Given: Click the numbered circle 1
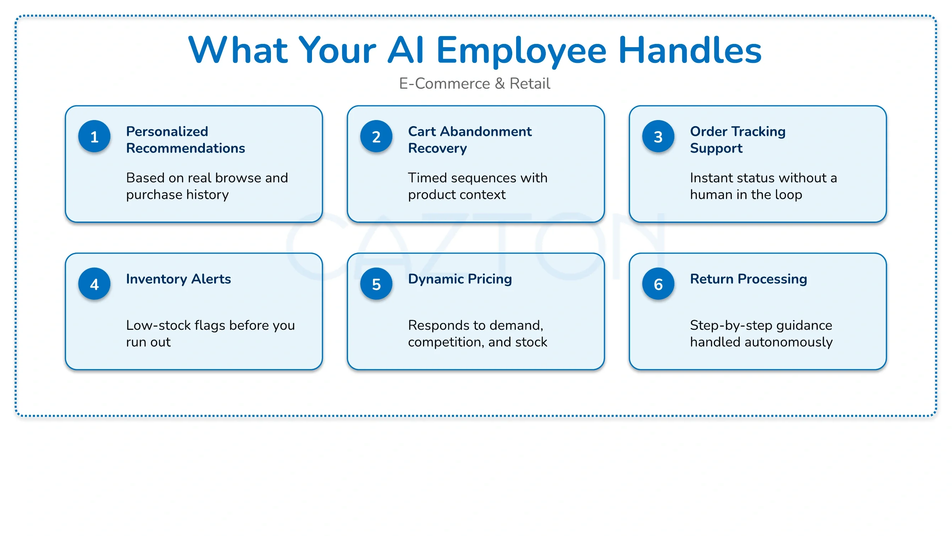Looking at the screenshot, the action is click(94, 137).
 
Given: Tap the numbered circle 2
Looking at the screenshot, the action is click(376, 137).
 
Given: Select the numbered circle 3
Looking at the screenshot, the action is click(658, 137).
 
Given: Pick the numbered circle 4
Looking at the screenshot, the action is click(94, 284).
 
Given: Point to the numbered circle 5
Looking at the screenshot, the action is click(376, 284).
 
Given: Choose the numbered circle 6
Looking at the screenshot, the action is click(658, 284).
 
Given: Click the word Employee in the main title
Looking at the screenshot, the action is click(521, 51).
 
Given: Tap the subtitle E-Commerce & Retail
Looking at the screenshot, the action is click(474, 84).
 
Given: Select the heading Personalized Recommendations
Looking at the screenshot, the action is click(186, 140).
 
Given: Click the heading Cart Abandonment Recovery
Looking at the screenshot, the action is click(470, 140).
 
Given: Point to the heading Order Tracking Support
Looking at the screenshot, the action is click(738, 140).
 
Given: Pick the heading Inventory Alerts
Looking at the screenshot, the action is click(178, 279).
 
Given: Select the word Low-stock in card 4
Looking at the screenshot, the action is click(158, 325).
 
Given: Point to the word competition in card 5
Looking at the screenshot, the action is click(446, 343).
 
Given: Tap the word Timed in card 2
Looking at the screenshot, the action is click(428, 178).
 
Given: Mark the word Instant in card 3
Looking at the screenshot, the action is click(711, 178).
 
